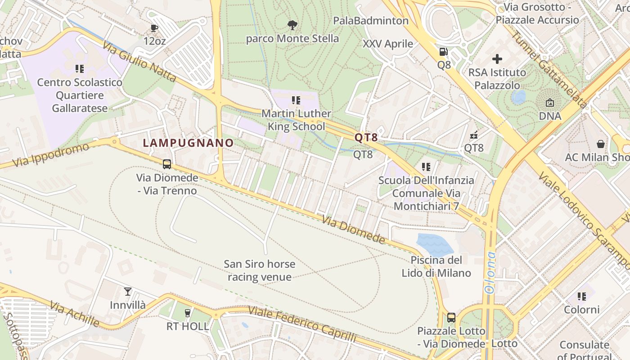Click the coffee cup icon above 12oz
click(x=154, y=28)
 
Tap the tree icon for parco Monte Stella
click(x=292, y=24)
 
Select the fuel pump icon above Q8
click(x=444, y=52)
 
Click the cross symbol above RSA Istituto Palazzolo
click(x=497, y=59)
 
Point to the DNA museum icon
click(x=550, y=103)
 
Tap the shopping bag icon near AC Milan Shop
click(x=600, y=144)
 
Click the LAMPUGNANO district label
click(x=188, y=143)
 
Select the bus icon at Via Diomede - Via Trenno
click(x=167, y=164)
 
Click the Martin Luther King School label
click(x=296, y=120)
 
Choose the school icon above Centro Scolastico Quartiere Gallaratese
click(x=80, y=69)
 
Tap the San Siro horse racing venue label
click(x=260, y=270)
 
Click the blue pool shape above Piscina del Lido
click(x=434, y=245)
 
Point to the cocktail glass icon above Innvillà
click(x=128, y=292)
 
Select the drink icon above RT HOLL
click(x=188, y=313)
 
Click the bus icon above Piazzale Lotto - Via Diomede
click(x=451, y=318)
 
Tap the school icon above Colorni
click(x=582, y=297)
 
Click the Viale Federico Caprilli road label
click(x=302, y=324)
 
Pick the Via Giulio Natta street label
click(x=139, y=62)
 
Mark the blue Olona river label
click(x=490, y=273)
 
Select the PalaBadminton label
click(x=371, y=21)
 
